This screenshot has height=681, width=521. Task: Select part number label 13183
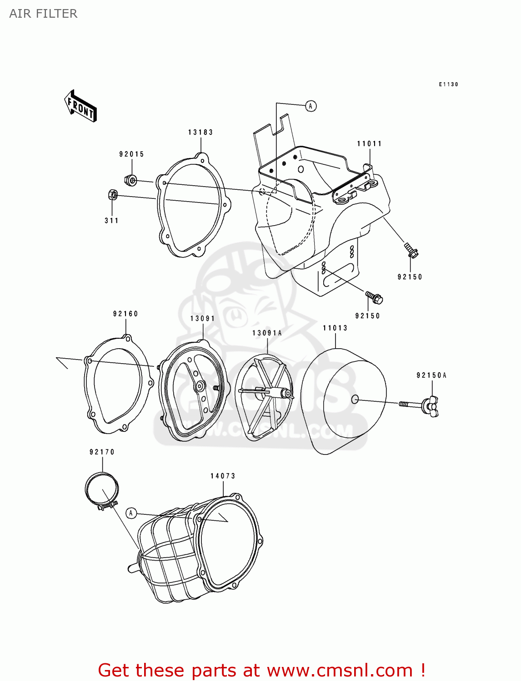pos(200,132)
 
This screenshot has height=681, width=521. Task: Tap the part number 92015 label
pos(132,154)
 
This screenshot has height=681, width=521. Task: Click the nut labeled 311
pos(113,195)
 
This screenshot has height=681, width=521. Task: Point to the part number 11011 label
pos(369,143)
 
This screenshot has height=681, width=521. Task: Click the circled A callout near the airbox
pos(311,106)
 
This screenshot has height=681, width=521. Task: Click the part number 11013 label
pos(335,328)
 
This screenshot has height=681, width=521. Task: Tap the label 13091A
pos(267,333)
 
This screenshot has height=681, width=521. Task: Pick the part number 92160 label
pos(125,314)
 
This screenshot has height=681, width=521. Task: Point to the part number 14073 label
pos(223,476)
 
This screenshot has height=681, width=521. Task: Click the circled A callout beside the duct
pos(131,513)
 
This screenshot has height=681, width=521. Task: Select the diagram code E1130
pos(448,84)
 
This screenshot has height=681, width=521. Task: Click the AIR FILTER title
pos(43,14)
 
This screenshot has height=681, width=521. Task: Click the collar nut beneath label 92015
pos(131,180)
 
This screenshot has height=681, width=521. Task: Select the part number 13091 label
pos(203,318)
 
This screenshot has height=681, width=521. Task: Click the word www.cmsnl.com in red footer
pos(339,670)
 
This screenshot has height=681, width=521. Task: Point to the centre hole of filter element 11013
pos(355,400)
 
